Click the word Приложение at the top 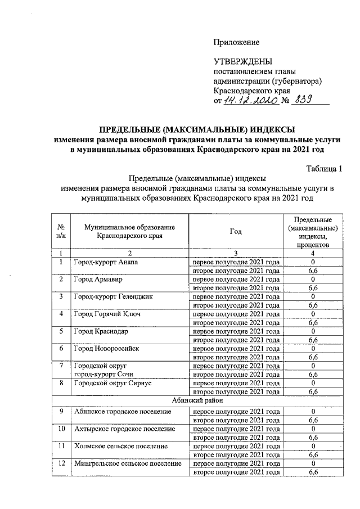pos(236,42)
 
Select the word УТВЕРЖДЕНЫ pos(242,61)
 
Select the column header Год pos(236,232)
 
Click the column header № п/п pos(60,232)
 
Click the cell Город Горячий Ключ pos(106,314)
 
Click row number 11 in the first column pos(60,446)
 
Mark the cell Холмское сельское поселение pos(121,446)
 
